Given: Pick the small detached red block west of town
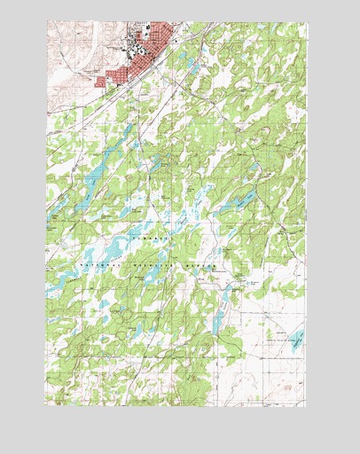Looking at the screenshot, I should [101, 82].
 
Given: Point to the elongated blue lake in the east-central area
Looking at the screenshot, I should [239, 200].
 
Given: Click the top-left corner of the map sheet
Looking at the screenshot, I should [47, 22].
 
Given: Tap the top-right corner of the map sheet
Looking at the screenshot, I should [307, 22].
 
